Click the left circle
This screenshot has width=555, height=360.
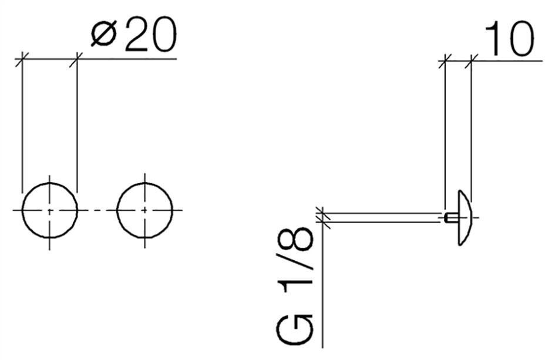(22, 210)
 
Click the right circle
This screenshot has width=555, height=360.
(117, 210)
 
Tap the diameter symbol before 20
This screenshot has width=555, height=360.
(104, 35)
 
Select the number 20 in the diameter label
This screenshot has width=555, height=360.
(149, 35)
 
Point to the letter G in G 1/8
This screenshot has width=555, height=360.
(295, 329)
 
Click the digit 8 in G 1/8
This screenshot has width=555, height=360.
(295, 239)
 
